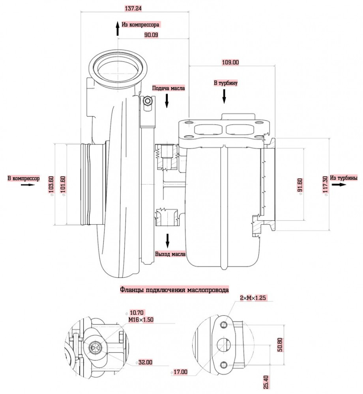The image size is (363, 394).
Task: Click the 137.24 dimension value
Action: tap(133, 8)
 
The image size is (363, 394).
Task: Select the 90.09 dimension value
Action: tap(151, 35)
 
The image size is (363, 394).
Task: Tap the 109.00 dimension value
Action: tap(230, 62)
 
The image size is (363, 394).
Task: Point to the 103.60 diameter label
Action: tap(51, 185)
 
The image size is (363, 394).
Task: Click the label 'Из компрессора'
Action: tap(140, 24)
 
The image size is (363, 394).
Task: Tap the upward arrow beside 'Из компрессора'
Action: tap(118, 28)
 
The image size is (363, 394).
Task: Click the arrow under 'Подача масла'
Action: tap(167, 101)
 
